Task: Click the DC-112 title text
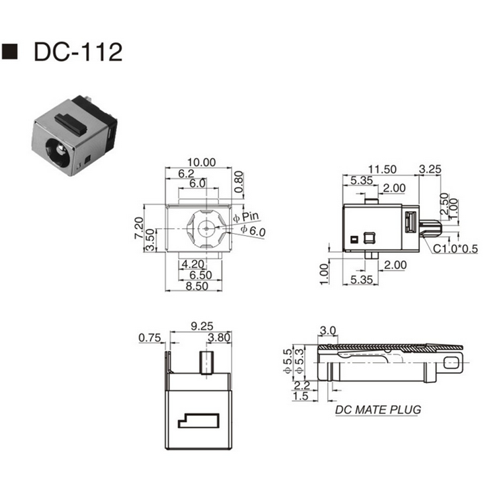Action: click(78, 52)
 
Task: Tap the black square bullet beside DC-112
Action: click(9, 52)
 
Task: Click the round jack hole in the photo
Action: click(58, 151)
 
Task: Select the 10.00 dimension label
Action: click(202, 163)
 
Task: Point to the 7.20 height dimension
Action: click(139, 228)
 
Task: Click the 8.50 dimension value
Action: click(197, 286)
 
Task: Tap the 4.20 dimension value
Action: click(193, 264)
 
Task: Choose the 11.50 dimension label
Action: click(382, 169)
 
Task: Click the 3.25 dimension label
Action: click(430, 169)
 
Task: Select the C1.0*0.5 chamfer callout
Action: click(456, 249)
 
